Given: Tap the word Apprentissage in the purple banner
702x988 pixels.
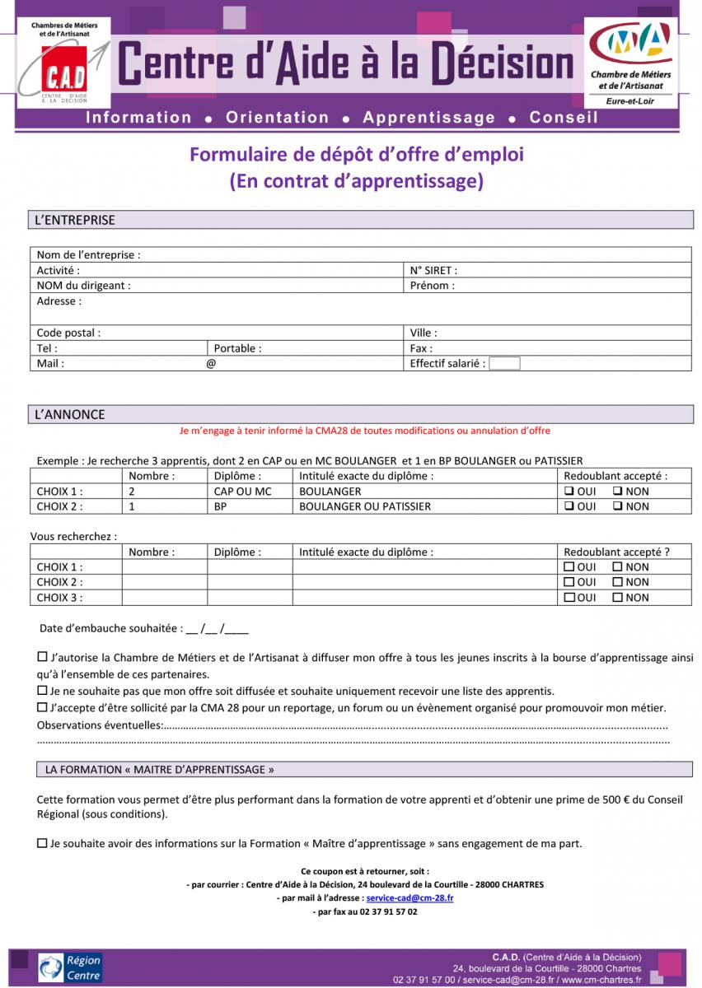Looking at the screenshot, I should coord(428,117).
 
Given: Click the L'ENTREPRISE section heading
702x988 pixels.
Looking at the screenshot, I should coord(75,221).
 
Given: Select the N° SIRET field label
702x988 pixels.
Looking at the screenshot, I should coord(433,270).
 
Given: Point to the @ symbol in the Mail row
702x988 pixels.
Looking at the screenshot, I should coord(211,363).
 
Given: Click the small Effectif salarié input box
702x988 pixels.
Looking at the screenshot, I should coord(504,363).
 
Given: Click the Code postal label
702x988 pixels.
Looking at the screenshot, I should coord(68,333).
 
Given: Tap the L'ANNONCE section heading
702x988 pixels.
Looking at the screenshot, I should coord(70,414).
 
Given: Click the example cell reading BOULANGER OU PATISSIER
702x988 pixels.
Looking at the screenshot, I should coord(365,506).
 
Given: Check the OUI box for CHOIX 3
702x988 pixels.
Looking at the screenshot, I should coord(569,598).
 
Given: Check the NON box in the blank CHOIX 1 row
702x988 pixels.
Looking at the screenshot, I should coord(617,566).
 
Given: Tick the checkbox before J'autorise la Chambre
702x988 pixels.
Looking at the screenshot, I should coord(43,657).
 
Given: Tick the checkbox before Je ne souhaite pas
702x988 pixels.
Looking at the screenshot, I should coord(43,691).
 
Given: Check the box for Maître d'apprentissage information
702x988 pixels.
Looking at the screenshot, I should coord(43,843).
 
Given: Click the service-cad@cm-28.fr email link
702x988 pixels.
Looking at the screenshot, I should coord(409,897).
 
